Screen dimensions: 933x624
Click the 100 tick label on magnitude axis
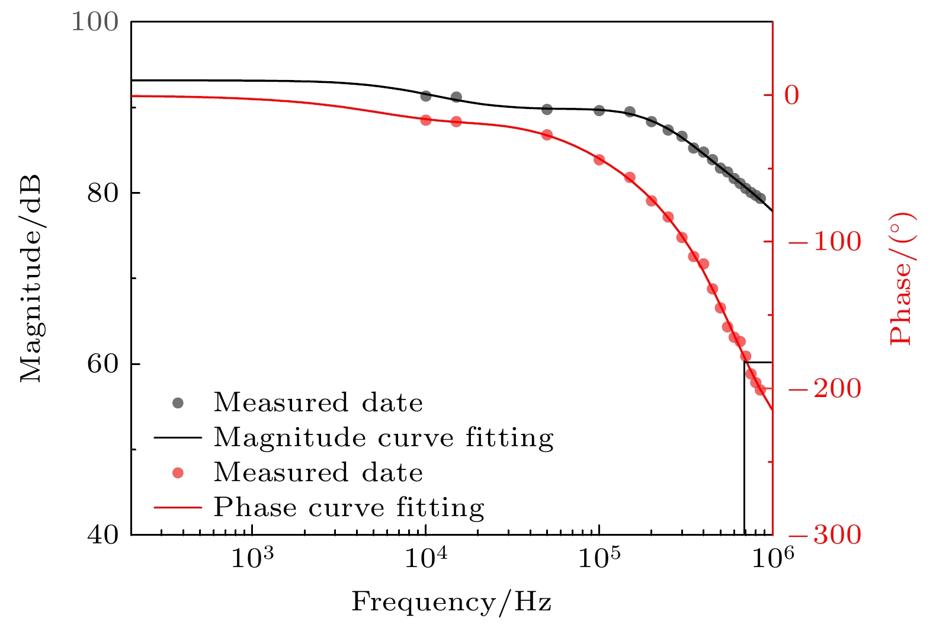click(95, 22)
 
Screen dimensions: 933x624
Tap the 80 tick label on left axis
click(103, 193)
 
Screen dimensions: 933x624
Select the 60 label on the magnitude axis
click(103, 364)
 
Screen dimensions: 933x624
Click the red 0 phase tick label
click(792, 95)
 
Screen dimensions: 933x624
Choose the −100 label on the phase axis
click(825, 241)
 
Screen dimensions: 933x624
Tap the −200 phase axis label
click(825, 388)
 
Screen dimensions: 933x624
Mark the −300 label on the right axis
click(825, 535)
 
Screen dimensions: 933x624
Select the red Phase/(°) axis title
click(903, 279)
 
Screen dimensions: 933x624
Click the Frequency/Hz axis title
click(451, 603)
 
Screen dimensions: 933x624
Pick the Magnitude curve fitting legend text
click(384, 438)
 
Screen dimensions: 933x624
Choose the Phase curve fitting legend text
click(349, 508)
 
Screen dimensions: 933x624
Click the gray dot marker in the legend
click(178, 403)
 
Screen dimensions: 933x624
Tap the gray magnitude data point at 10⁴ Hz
click(426, 96)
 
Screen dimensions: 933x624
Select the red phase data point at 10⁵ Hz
click(599, 160)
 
